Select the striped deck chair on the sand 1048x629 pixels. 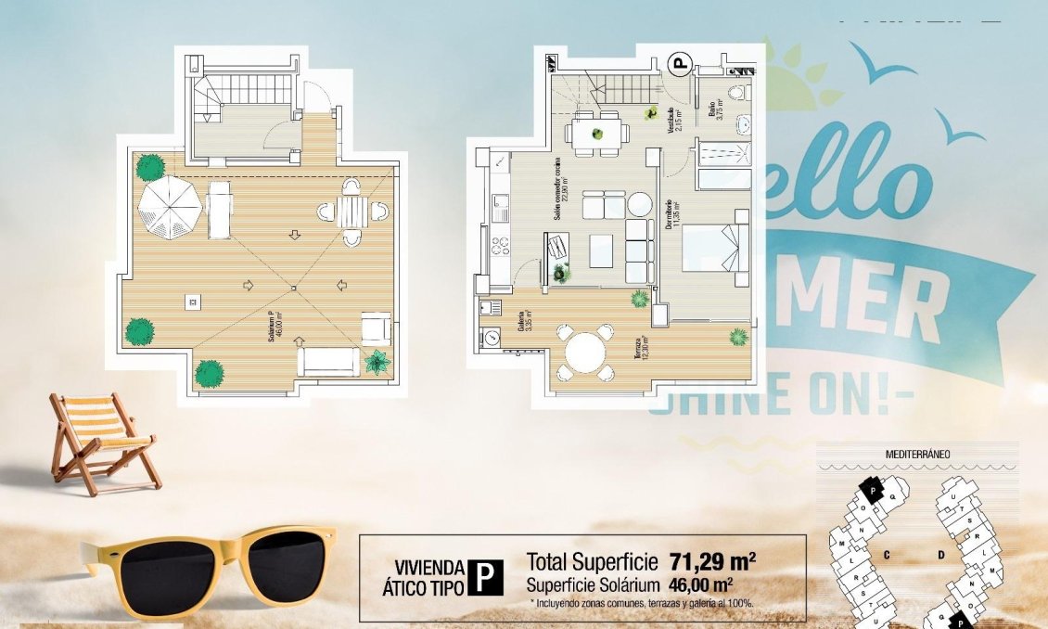point(100,438)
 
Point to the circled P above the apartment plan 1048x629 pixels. point(681,64)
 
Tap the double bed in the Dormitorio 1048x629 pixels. point(715,248)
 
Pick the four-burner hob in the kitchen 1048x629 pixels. point(501,246)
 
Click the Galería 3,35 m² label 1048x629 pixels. point(526,321)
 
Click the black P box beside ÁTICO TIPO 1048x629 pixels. point(485,576)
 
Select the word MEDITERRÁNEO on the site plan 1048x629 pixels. point(912,454)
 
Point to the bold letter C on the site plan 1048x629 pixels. point(887,555)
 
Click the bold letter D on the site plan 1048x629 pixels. point(939,555)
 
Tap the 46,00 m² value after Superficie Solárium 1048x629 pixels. point(700,585)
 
